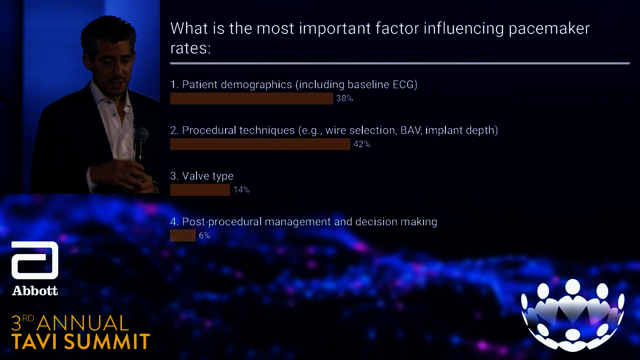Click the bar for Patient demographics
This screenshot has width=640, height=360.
click(251, 98)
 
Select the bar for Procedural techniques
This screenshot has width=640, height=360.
click(260, 144)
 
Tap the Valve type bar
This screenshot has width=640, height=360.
click(200, 189)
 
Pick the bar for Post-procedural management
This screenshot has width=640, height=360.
click(183, 235)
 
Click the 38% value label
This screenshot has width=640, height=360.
click(344, 98)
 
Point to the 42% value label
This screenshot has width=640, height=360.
click(361, 144)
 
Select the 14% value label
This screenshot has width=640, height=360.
click(241, 189)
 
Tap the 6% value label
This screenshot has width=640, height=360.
click(204, 235)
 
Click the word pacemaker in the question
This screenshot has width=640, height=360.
click(549, 28)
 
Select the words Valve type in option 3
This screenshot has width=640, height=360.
click(207, 176)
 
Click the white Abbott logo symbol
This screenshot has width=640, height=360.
click(35, 260)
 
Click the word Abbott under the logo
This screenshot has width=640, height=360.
click(35, 291)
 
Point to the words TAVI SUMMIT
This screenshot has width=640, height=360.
click(80, 341)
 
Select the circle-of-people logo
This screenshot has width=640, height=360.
click(572, 315)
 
